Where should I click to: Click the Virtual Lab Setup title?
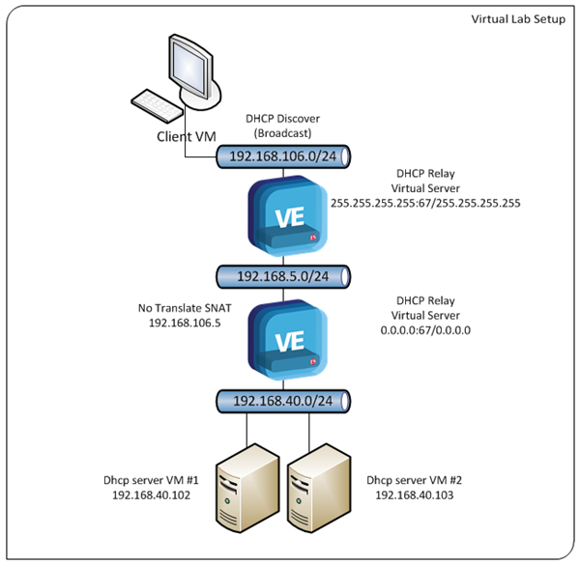coord(518,19)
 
